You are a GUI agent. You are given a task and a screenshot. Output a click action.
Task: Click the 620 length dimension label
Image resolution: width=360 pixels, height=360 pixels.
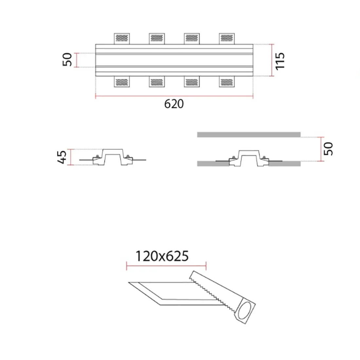[174, 104]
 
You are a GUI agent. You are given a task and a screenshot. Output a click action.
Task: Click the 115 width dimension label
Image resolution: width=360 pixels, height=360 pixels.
[280, 61]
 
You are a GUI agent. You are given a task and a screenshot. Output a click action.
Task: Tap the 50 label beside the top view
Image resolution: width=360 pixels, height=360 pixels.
[67, 60]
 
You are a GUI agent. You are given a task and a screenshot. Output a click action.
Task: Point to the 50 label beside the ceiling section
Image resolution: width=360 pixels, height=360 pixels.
[328, 149]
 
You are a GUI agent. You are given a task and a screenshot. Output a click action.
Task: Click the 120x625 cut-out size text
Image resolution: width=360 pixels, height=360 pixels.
[162, 256]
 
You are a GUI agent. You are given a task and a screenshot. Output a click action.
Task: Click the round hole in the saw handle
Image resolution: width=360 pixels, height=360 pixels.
[246, 311]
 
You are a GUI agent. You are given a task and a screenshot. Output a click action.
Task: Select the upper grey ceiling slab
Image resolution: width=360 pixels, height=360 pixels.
[249, 134]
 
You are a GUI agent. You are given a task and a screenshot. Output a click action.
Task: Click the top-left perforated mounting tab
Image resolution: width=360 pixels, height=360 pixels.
[122, 39]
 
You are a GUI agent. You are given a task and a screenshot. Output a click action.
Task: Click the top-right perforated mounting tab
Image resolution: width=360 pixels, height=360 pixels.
[227, 39]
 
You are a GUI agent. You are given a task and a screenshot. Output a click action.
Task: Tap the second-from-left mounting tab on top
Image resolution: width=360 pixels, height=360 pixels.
[157, 39]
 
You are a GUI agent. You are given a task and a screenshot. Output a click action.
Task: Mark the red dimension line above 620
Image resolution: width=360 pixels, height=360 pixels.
[174, 96]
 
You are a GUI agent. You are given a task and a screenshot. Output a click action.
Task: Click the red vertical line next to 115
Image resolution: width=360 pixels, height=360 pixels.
[272, 61]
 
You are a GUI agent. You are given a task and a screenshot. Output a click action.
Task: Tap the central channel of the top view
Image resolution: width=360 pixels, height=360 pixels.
[174, 60]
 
